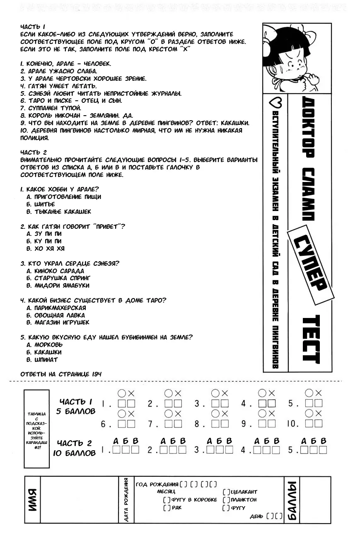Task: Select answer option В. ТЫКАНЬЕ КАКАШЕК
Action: coord(58,211)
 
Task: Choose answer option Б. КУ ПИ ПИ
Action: coord(44,241)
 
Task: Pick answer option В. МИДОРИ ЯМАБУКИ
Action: coord(58,285)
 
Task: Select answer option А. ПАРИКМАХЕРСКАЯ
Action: coord(56,308)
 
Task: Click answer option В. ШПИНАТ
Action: coord(42,359)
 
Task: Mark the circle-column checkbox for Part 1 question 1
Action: coord(122,403)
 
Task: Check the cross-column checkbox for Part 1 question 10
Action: coord(318,423)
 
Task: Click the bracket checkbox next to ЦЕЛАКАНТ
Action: coord(226,492)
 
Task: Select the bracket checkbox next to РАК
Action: coord(167,507)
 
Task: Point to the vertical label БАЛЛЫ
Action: coord(291,500)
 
